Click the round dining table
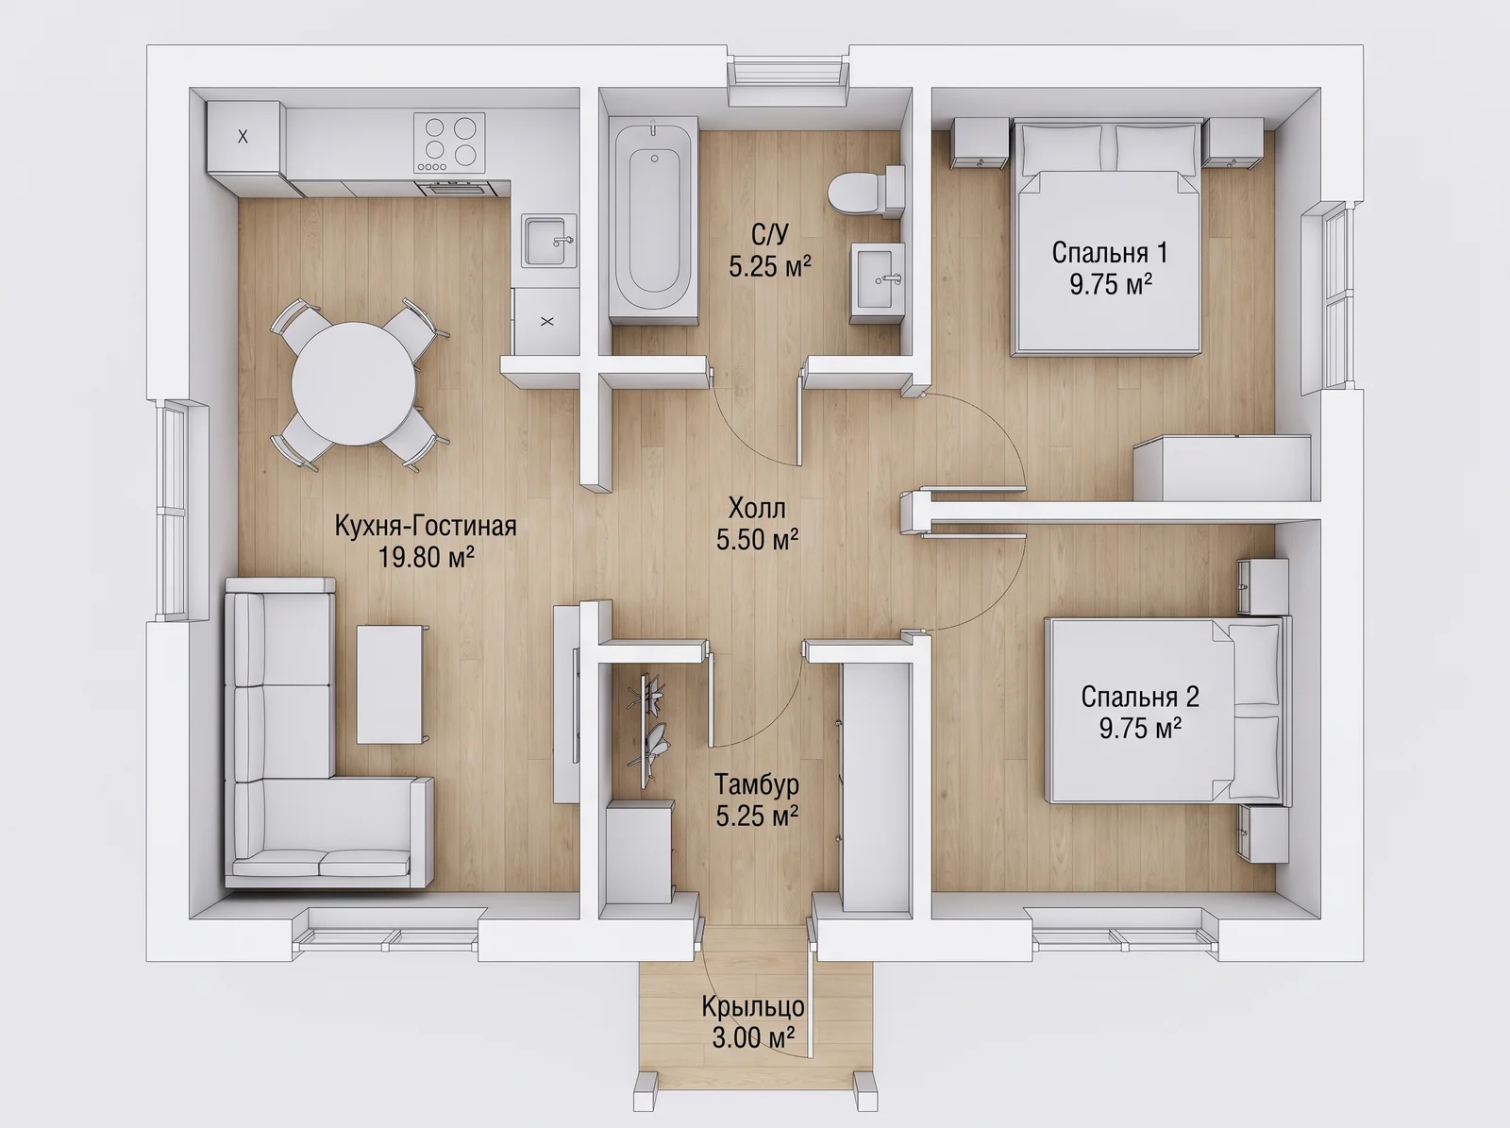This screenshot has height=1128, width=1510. [x=354, y=384]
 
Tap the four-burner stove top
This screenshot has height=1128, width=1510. [x=449, y=143]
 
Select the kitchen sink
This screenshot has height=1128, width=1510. [x=549, y=240]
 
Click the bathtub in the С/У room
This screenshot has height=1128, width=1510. [x=653, y=220]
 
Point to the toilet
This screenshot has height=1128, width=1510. [x=865, y=192]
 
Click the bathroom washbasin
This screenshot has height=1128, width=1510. [x=877, y=281]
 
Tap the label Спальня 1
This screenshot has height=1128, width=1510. [x=1109, y=253]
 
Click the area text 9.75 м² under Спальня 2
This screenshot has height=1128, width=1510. [x=1140, y=728]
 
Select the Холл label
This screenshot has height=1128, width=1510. [x=757, y=508]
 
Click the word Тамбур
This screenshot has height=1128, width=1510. [x=757, y=784]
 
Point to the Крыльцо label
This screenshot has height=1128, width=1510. [x=753, y=1006]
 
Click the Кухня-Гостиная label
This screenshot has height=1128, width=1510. [x=426, y=526]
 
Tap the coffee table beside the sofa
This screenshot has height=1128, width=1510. [x=390, y=684]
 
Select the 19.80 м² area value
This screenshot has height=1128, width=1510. [x=426, y=557]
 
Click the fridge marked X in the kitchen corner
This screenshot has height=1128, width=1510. [x=244, y=138]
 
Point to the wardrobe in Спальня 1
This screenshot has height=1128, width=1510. [x=1222, y=468]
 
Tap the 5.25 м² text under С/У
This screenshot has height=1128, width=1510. [x=770, y=265]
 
